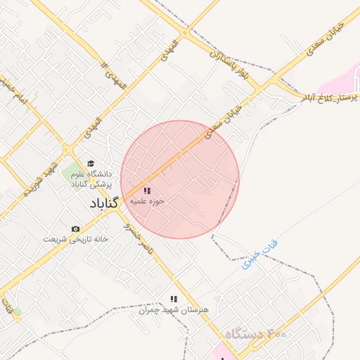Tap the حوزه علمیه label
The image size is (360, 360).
tap(147, 201)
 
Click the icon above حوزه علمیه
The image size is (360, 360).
tap(146, 191)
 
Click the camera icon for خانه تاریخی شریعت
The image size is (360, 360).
tap(76, 229)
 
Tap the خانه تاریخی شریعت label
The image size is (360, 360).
tap(75, 239)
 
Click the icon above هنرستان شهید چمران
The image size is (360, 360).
tap(174, 300)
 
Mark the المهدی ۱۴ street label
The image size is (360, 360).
tap(115, 75)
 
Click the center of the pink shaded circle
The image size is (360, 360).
tap(180, 180)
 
